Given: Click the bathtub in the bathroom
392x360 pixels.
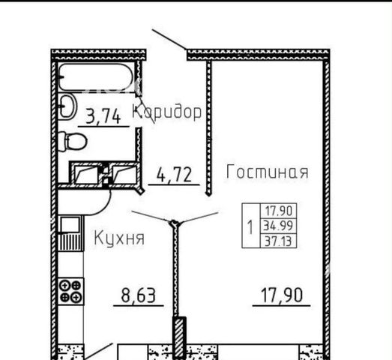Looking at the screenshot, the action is [95, 77].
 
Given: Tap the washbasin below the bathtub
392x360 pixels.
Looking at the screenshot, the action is [67, 106].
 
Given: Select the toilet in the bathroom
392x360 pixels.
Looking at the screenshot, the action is [73, 141].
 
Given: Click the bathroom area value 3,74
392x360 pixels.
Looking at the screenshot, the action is [103, 116].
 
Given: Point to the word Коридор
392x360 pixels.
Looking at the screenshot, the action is [166, 112].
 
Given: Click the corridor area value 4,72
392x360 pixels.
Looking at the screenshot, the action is [174, 174].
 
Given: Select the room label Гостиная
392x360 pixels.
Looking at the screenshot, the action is [267, 172].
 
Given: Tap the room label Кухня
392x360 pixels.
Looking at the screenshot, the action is [119, 238].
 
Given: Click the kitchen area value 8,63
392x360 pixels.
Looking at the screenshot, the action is [138, 295].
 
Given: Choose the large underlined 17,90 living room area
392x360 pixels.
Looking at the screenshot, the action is [282, 295].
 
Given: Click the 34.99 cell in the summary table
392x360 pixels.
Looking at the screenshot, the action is [278, 226].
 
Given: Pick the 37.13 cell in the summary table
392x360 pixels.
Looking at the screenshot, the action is [278, 241].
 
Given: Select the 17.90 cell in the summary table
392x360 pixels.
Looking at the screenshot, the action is [278, 211].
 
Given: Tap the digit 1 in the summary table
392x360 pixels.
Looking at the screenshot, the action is [250, 226].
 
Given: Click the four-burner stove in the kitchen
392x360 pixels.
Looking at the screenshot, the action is [71, 291].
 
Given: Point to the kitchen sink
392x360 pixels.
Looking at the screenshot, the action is [70, 225].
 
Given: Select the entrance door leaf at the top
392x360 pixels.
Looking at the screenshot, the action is [169, 39].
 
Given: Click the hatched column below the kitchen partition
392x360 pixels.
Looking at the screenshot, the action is [180, 337].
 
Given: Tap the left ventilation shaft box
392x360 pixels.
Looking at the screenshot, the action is [85, 173].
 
